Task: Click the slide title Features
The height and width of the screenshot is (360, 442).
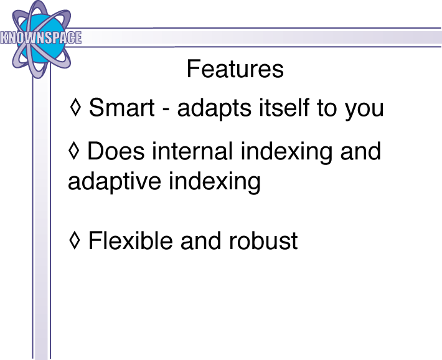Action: coord(235,69)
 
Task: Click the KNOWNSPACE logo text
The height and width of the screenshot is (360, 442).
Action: coord(41,38)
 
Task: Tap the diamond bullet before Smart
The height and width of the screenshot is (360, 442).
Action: coord(75,107)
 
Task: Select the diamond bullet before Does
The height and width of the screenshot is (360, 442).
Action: coord(74,150)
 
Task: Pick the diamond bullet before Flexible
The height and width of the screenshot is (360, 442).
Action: coord(75,240)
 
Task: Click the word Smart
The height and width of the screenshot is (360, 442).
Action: coord(122,107)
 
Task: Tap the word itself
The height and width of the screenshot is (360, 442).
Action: coord(284,107)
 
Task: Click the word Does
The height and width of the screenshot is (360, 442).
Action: coord(116,151)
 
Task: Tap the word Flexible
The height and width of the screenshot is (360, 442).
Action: coord(131,240)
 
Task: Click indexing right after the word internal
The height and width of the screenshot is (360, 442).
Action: coord(286,153)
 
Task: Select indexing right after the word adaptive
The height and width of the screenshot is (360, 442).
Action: coord(215,184)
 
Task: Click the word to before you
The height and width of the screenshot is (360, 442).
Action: coord(327,108)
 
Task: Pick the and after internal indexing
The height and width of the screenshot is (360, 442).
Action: coord(361,151)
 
